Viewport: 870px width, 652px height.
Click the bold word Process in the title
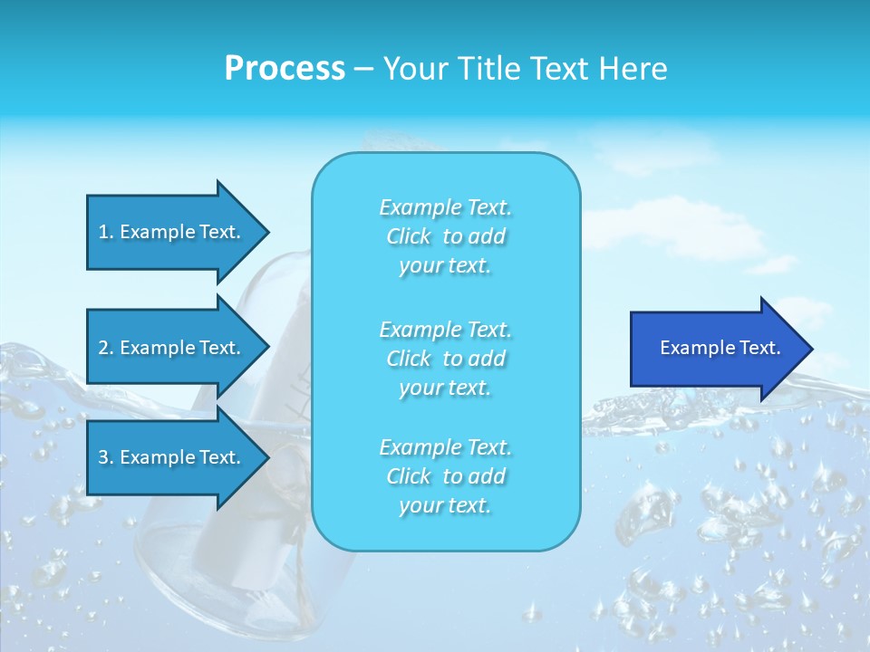[285, 69]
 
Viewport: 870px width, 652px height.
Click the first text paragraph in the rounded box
[445, 236]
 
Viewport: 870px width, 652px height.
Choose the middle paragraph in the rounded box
[445, 359]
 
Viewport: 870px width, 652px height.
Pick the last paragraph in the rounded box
[445, 476]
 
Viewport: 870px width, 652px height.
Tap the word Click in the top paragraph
[409, 236]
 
